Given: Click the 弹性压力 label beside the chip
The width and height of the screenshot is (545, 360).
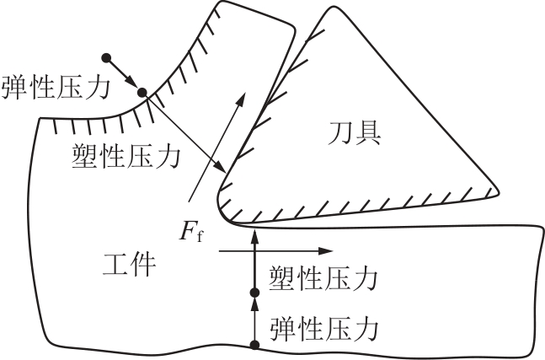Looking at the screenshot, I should pyautogui.click(x=56, y=86).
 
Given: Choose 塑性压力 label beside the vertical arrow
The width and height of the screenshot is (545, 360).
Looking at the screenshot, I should pyautogui.click(x=322, y=277).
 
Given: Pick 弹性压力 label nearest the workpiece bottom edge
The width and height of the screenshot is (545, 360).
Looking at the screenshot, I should pyautogui.click(x=322, y=325).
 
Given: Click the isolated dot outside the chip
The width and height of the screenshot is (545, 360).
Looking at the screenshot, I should pyautogui.click(x=105, y=58).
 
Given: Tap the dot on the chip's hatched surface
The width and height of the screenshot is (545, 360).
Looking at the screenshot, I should pyautogui.click(x=142, y=93).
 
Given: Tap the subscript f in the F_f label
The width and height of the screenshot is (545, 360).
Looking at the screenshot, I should pyautogui.click(x=200, y=236).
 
